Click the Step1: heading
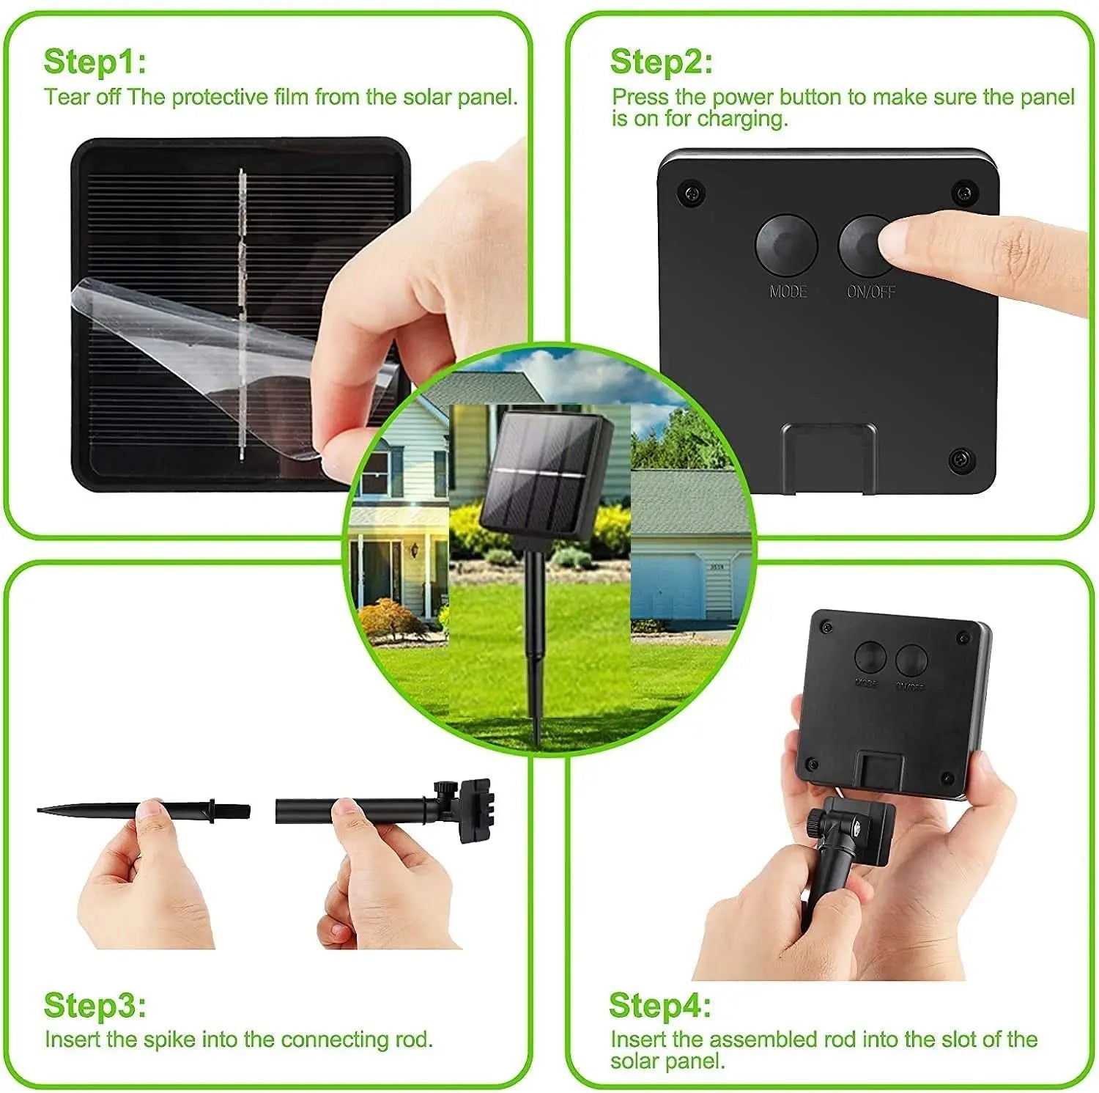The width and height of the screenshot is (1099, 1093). coord(95,62)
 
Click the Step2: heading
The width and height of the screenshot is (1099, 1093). coord(661,62)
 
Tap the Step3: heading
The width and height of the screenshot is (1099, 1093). coord(95,1005)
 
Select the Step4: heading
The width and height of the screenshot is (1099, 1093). coord(659,1005)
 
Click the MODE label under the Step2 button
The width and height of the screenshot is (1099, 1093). coord(788,292)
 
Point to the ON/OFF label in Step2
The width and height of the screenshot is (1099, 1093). coord(870,292)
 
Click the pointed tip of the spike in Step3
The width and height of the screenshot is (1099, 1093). coord(44,810)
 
